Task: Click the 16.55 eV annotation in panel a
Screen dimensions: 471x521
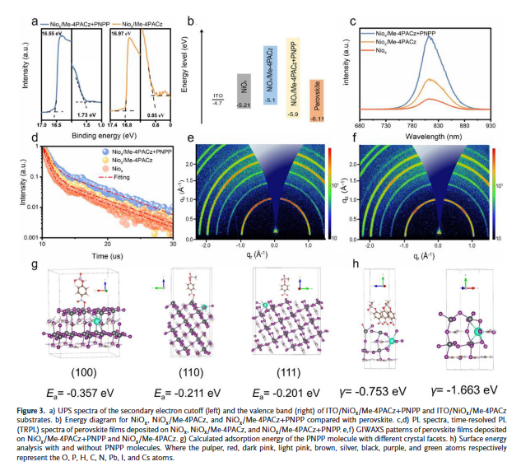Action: pos(52,35)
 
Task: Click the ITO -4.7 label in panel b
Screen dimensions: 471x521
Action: pos(217,99)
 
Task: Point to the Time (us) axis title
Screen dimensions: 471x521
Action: pos(99,255)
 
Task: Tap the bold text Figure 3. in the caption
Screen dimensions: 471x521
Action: pos(35,410)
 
